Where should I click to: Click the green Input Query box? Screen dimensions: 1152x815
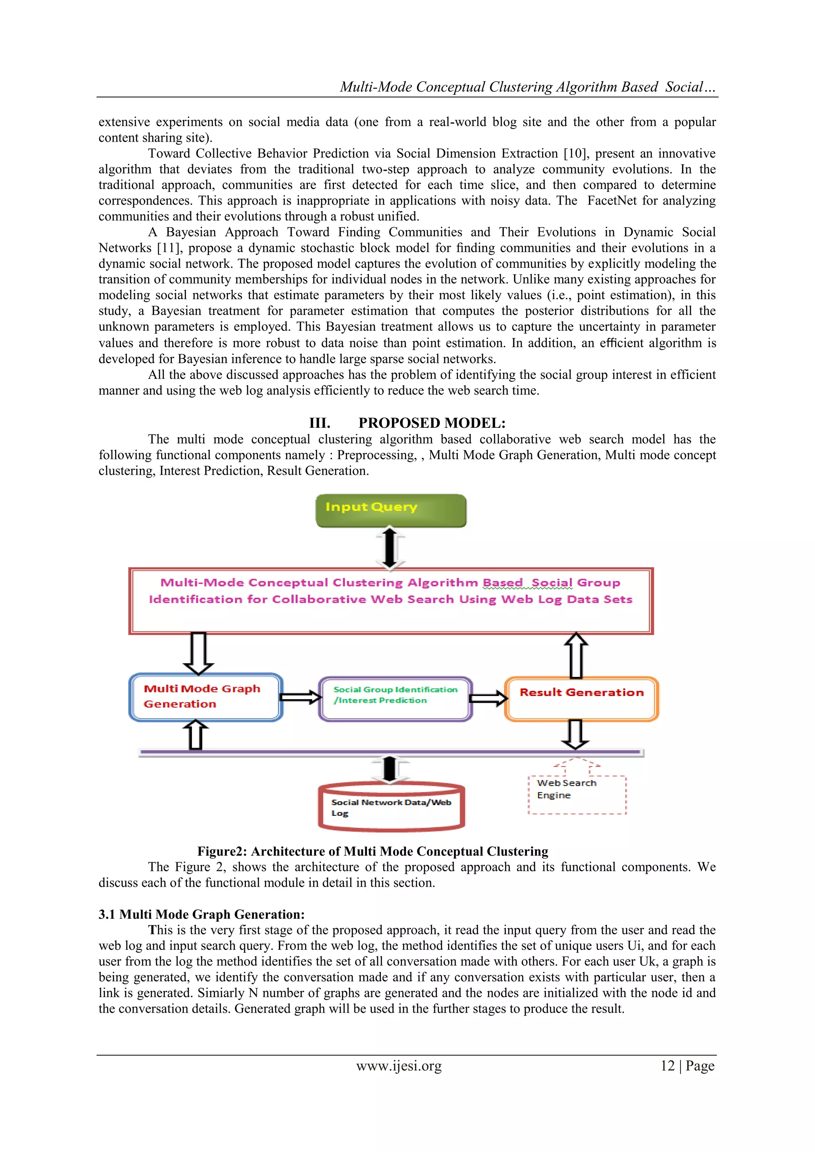(390, 510)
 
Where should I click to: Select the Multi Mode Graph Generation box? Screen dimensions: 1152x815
(206, 697)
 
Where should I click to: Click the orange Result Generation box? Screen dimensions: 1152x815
(581, 698)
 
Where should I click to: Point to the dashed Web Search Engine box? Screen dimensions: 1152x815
(577, 794)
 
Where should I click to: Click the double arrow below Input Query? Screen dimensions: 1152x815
(390, 548)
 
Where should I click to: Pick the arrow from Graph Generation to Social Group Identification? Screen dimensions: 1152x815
(300, 697)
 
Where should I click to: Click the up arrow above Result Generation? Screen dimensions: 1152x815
(576, 655)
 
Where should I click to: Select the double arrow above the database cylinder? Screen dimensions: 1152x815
(390, 769)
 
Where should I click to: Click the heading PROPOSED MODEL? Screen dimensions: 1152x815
(432, 423)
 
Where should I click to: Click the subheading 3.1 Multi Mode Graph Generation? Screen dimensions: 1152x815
(201, 914)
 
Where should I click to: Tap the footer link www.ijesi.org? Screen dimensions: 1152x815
(399, 1066)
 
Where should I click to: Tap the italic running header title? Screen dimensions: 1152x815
(527, 87)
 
